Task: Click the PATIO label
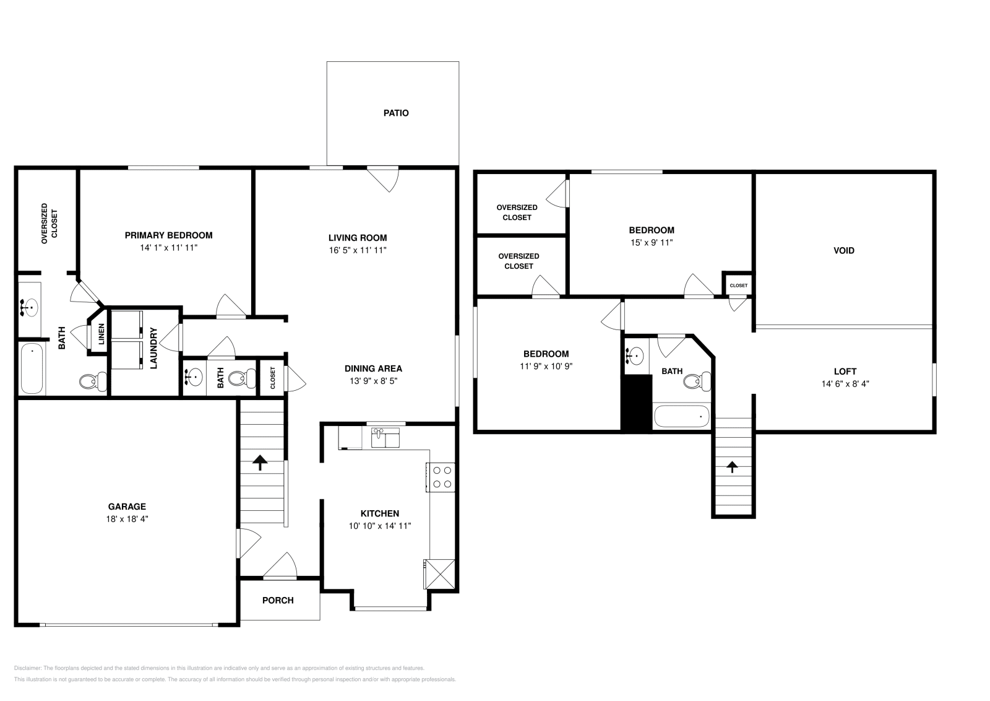pyautogui.click(x=396, y=113)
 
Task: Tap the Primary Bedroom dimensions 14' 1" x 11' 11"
pyautogui.click(x=168, y=248)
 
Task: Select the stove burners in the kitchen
pyautogui.click(x=442, y=477)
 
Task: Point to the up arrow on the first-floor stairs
pyautogui.click(x=260, y=462)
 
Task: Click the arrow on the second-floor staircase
pyautogui.click(x=733, y=466)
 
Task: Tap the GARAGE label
pyautogui.click(x=127, y=507)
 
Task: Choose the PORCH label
pyautogui.click(x=278, y=600)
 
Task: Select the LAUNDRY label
pyautogui.click(x=154, y=348)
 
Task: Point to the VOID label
pyautogui.click(x=844, y=251)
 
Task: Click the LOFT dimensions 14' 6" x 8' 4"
pyautogui.click(x=845, y=383)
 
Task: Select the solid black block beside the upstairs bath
pyautogui.click(x=637, y=403)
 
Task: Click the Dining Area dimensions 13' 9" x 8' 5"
pyautogui.click(x=373, y=381)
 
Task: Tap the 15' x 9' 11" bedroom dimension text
pyautogui.click(x=652, y=243)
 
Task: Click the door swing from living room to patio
pyautogui.click(x=384, y=179)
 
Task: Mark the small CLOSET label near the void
pyautogui.click(x=738, y=285)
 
